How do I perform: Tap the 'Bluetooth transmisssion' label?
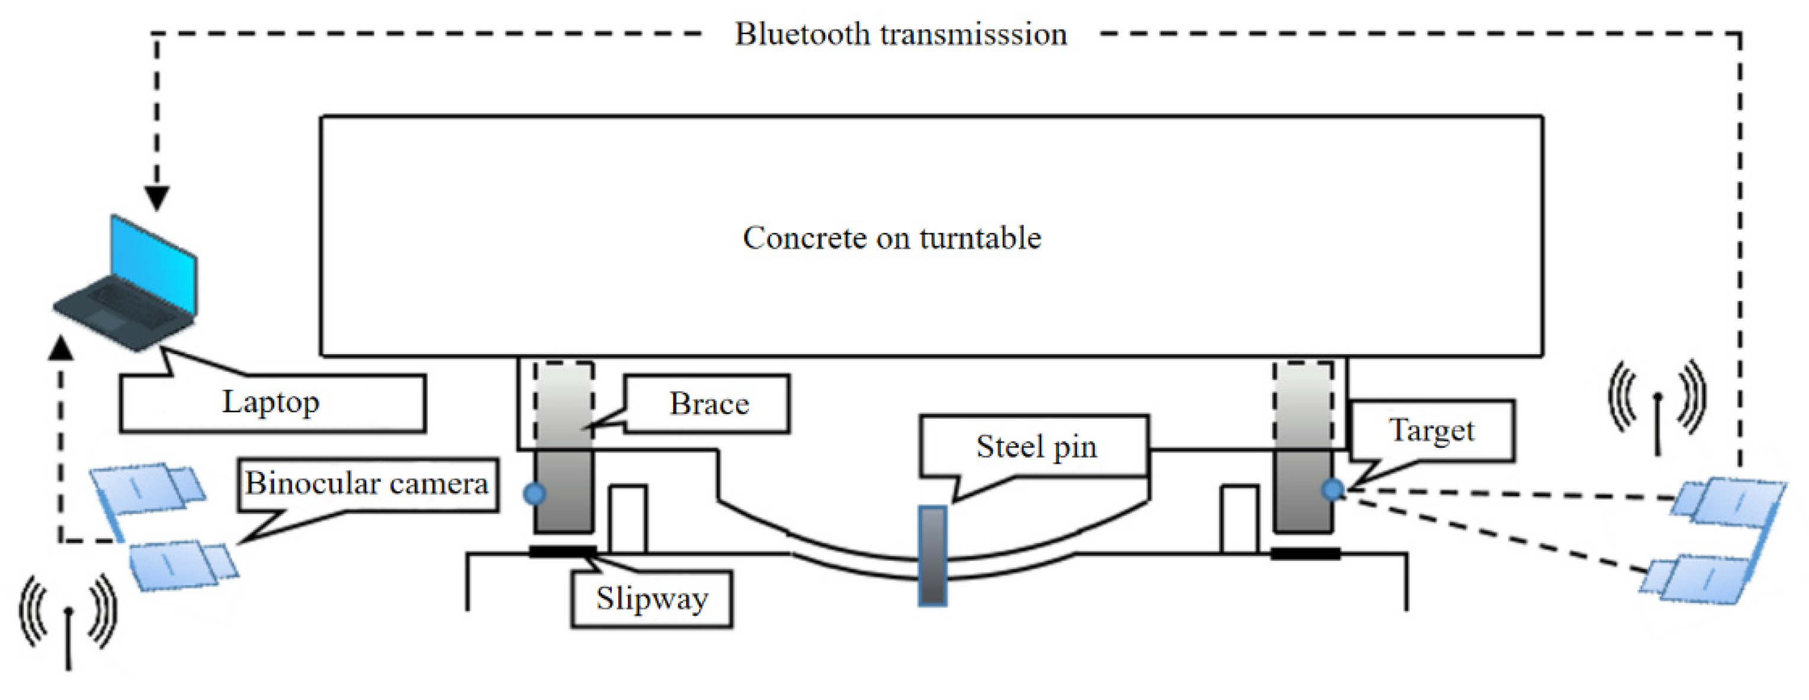pos(901,34)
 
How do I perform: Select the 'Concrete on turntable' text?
pos(892,237)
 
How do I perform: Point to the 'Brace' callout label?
pos(707,404)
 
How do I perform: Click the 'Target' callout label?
pos(1432,431)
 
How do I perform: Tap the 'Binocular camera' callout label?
pos(367,484)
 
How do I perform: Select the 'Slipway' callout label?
pos(652,599)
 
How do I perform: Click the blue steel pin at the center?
pos(932,555)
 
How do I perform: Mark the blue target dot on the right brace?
pos(1332,489)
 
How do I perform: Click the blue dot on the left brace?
pos(534,493)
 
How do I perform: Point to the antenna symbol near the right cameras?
pos(1657,406)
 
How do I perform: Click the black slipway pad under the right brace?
pos(1305,554)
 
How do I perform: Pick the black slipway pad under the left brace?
pos(563,552)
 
